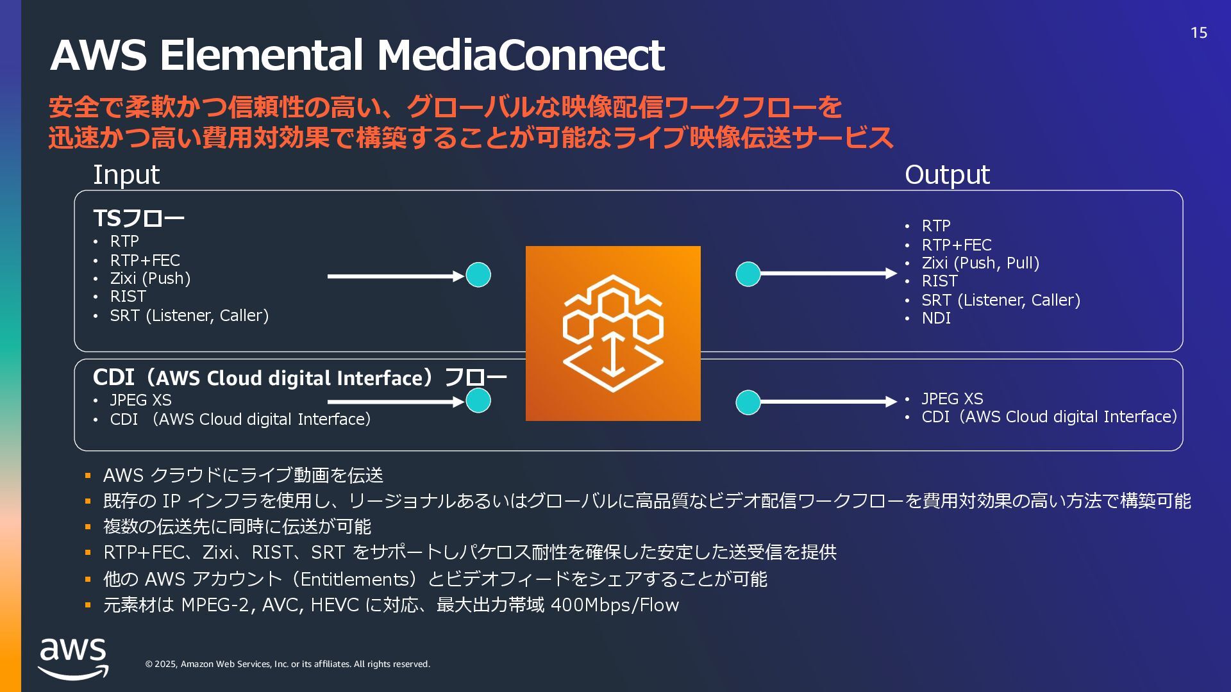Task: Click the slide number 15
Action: tap(1198, 33)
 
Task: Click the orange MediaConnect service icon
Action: tap(613, 333)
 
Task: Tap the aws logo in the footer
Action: tap(73, 658)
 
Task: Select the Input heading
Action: tap(126, 174)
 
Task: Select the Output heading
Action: tap(947, 174)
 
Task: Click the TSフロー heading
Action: tap(138, 218)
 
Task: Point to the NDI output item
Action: tap(936, 318)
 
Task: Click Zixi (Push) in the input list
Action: tap(150, 279)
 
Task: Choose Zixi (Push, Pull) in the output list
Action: tap(980, 263)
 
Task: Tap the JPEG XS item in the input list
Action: tap(140, 400)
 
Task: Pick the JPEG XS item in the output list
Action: tap(952, 399)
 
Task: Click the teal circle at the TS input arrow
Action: tap(478, 275)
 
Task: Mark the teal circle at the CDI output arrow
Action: tap(748, 402)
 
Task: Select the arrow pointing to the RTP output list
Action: tap(827, 274)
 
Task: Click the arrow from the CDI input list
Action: tap(394, 402)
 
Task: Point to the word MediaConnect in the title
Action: tap(521, 55)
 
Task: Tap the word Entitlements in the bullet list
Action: tap(355, 579)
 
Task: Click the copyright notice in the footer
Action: tap(287, 664)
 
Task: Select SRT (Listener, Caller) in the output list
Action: tap(1001, 300)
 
